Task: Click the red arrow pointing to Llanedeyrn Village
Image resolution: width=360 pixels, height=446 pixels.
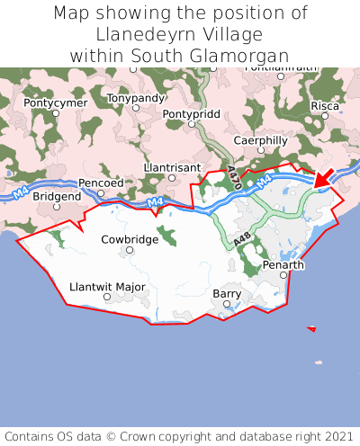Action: point(324,177)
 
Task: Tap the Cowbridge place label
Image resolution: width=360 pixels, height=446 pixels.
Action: point(130,239)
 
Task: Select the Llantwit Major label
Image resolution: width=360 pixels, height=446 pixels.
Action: point(107,287)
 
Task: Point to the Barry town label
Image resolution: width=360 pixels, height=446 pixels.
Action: point(227,294)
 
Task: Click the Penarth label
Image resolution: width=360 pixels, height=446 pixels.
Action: point(283,265)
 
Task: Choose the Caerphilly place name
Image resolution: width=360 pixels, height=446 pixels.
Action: point(260,140)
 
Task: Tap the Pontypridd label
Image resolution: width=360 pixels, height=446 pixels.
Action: point(190,114)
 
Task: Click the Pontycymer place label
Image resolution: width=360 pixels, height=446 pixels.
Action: point(56,103)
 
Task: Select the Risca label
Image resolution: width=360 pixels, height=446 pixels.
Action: point(325,105)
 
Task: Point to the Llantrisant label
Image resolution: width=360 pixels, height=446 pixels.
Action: point(172,167)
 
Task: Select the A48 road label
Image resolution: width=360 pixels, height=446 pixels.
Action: point(240,241)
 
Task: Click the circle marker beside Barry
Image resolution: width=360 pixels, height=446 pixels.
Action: point(227,306)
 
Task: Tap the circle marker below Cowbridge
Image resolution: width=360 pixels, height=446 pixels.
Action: point(130,251)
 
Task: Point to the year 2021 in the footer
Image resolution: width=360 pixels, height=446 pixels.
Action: point(332,435)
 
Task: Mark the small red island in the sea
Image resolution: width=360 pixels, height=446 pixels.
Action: point(311,329)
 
